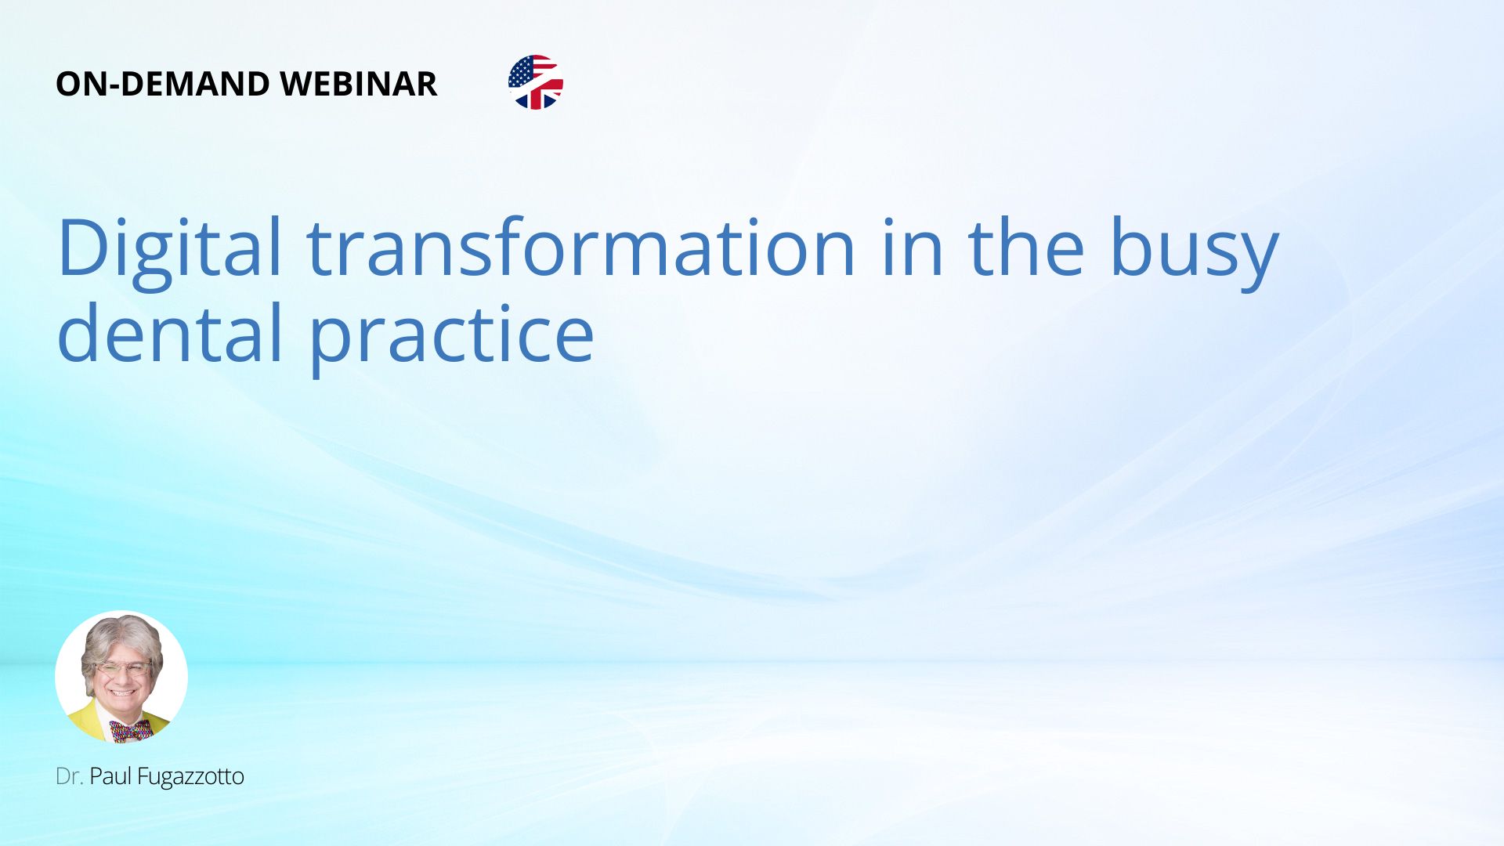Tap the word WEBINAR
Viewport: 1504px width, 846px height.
pyautogui.click(x=358, y=84)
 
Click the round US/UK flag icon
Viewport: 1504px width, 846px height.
pyautogui.click(x=536, y=82)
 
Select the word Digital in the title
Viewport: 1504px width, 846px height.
pyautogui.click(x=169, y=249)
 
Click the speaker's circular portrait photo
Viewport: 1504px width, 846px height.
pyautogui.click(x=121, y=677)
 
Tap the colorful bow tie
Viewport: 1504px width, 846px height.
pyautogui.click(x=131, y=732)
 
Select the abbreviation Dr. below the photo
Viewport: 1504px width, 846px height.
pyautogui.click(x=69, y=776)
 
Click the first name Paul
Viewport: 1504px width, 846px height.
pyautogui.click(x=110, y=776)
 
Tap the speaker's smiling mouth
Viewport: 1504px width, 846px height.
pyautogui.click(x=122, y=692)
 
